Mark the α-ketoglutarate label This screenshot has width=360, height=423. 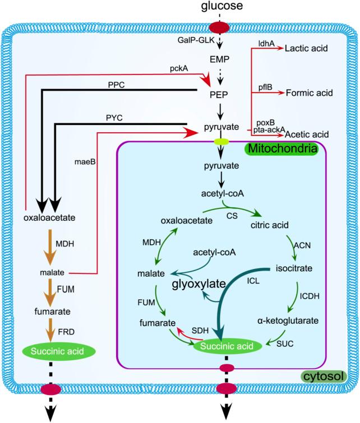click(288, 321)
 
